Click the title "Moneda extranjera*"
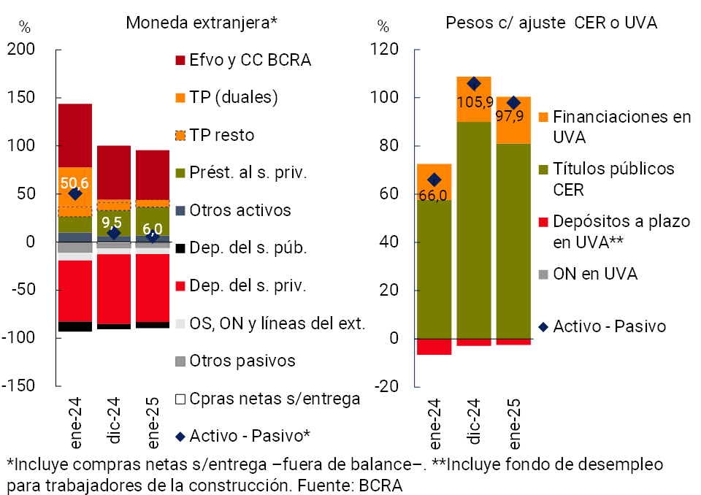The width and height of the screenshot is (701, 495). (202, 22)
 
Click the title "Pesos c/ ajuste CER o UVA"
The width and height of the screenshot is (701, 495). (551, 23)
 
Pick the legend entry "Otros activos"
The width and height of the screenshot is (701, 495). (240, 210)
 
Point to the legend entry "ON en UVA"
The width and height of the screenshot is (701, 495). (595, 274)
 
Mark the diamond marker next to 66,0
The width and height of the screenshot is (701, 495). (434, 180)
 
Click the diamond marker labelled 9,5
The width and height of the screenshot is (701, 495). (113, 233)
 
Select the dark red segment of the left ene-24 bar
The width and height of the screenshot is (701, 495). (75, 135)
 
